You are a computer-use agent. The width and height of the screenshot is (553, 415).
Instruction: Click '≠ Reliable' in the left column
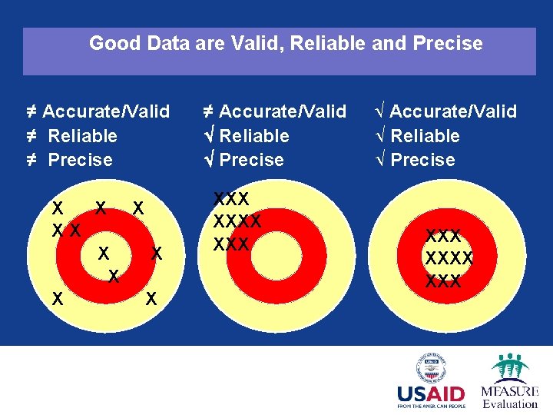tap(71, 136)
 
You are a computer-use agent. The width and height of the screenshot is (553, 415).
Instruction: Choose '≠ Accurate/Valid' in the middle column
tap(275, 111)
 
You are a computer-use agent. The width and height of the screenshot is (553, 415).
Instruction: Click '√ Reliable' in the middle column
tap(246, 136)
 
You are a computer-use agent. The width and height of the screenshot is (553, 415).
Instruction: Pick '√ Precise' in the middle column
tap(243, 160)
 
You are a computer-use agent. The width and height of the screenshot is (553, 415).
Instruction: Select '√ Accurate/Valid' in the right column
tap(445, 111)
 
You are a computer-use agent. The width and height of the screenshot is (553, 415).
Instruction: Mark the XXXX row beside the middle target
tap(237, 222)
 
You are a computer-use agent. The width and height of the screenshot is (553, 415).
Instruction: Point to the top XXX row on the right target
tap(443, 237)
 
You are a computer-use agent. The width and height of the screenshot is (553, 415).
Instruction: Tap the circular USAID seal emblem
tap(432, 367)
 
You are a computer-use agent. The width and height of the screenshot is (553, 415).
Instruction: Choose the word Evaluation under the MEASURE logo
tap(510, 403)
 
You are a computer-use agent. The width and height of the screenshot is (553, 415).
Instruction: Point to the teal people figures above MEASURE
tap(510, 366)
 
